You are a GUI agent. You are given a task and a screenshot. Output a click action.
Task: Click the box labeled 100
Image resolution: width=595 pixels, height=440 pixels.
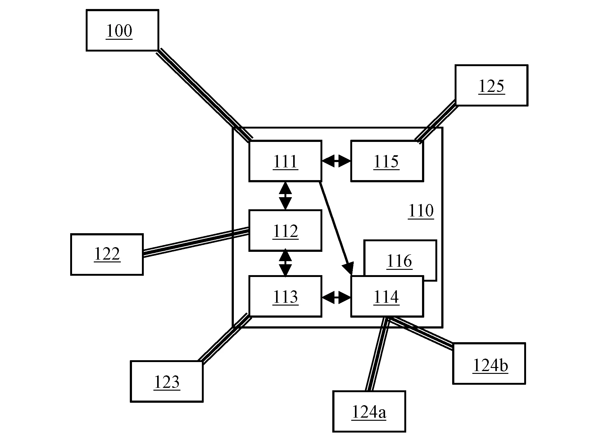pyautogui.click(x=122, y=30)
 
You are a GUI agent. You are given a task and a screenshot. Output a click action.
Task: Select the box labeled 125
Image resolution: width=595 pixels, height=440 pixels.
pyautogui.click(x=491, y=85)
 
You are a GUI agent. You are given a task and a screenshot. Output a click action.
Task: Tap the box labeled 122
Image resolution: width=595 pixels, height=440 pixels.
pyautogui.click(x=107, y=254)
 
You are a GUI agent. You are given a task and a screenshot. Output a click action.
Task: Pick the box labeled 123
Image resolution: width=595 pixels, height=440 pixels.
pyautogui.click(x=167, y=381)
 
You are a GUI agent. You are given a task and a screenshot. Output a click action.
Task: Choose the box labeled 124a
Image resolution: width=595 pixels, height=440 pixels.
pyautogui.click(x=369, y=411)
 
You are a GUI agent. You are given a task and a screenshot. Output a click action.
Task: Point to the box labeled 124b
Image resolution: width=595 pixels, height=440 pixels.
pyautogui.click(x=489, y=363)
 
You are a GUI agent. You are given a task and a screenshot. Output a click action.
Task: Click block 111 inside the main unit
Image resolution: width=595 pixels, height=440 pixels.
pyautogui.click(x=285, y=161)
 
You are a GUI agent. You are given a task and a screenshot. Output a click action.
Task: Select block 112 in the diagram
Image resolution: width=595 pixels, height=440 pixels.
pyautogui.click(x=285, y=230)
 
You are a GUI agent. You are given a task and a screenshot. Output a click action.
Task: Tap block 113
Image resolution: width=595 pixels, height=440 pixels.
pyautogui.click(x=285, y=296)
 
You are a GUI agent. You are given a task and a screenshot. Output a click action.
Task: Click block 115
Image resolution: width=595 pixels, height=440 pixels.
pyautogui.click(x=387, y=161)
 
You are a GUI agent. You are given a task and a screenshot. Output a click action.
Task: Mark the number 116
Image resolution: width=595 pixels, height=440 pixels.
pyautogui.click(x=399, y=261)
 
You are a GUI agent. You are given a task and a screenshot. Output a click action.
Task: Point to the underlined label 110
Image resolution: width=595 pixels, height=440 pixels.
pyautogui.click(x=421, y=211)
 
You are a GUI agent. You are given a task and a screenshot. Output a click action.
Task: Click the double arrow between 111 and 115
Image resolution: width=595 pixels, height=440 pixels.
pyautogui.click(x=336, y=161)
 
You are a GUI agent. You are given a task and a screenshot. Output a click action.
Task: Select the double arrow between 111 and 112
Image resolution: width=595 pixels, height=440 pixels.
pyautogui.click(x=285, y=196)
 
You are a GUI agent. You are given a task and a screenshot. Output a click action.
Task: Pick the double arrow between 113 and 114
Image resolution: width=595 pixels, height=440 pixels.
pyautogui.click(x=336, y=297)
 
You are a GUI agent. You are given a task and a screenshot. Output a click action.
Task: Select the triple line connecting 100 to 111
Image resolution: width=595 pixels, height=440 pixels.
pyautogui.click(x=204, y=95)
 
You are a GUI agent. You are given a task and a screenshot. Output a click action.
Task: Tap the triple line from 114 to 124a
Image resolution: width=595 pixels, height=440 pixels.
pyautogui.click(x=377, y=354)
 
